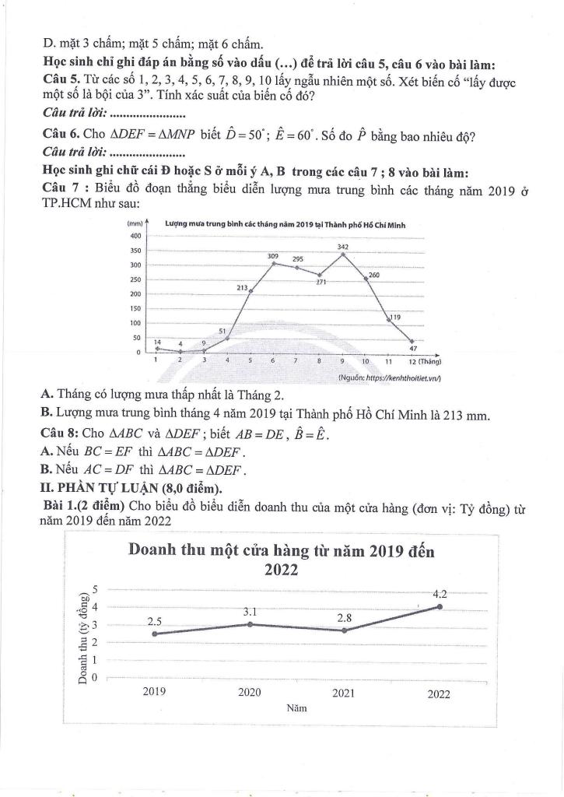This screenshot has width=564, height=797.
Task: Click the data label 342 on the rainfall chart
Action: [x=342, y=247]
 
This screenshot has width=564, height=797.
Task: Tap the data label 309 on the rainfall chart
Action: [x=273, y=256]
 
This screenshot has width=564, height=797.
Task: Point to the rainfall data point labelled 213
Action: [x=250, y=291]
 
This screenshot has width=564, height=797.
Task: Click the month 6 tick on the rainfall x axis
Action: [x=273, y=361]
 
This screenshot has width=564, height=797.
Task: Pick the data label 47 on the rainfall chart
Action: [x=413, y=349]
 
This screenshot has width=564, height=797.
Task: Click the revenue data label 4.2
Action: [x=440, y=593]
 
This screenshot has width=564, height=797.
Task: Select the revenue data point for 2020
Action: [x=249, y=624]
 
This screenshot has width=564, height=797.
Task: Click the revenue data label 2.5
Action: [x=155, y=621]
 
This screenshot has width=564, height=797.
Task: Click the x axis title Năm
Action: [x=296, y=709]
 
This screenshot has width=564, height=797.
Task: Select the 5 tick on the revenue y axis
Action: [x=95, y=588]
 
